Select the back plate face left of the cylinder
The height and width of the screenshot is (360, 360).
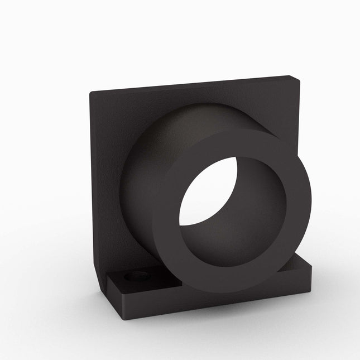point(106,184)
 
